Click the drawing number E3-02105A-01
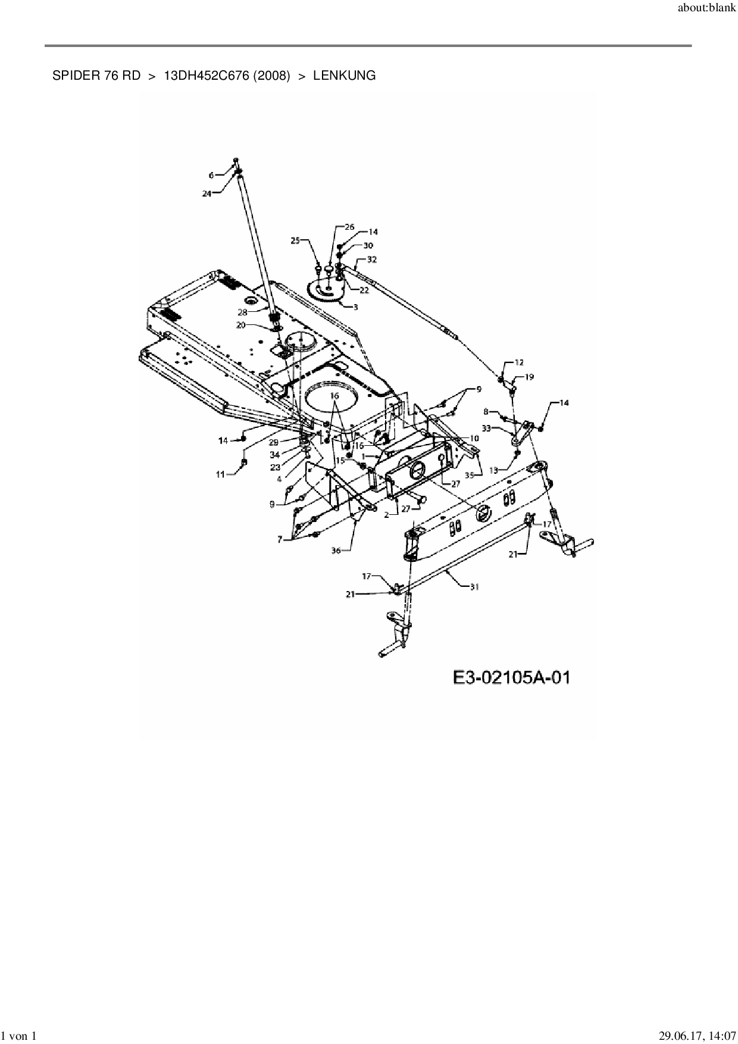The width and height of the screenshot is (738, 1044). pyautogui.click(x=511, y=677)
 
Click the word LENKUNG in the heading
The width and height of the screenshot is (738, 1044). pyautogui.click(x=344, y=76)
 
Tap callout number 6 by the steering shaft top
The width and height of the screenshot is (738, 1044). pyautogui.click(x=211, y=175)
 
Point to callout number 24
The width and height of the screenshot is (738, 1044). pyautogui.click(x=207, y=193)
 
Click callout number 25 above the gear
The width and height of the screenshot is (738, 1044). pyautogui.click(x=295, y=240)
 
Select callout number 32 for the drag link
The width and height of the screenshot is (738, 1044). pyautogui.click(x=372, y=260)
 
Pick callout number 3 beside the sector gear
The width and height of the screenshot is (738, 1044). pyautogui.click(x=355, y=307)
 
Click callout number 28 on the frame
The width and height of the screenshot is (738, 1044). pyautogui.click(x=242, y=312)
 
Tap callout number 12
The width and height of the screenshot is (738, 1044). pyautogui.click(x=519, y=362)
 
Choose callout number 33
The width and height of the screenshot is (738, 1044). pyautogui.click(x=486, y=428)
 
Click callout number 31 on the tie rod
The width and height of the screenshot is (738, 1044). pyautogui.click(x=474, y=586)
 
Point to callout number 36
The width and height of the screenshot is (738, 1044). pyautogui.click(x=336, y=551)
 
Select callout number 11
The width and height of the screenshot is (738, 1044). pyautogui.click(x=221, y=474)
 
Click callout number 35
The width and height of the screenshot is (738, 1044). pyautogui.click(x=470, y=475)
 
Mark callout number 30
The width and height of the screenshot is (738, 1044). pyautogui.click(x=368, y=246)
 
